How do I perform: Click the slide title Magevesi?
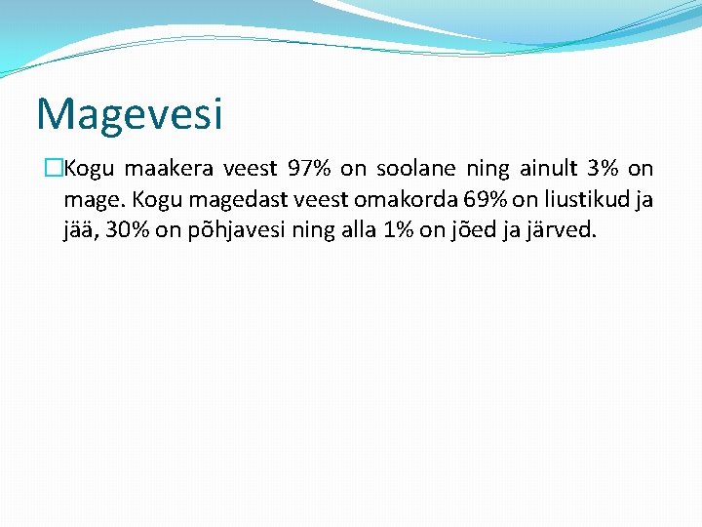pyautogui.click(x=130, y=113)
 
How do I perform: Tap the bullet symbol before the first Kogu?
pyautogui.click(x=55, y=169)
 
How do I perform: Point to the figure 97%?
pyautogui.click(x=309, y=169)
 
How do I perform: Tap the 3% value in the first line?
pyautogui.click(x=600, y=169)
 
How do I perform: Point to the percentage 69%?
pyautogui.click(x=486, y=200)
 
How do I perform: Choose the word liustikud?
pyautogui.click(x=581, y=200)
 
